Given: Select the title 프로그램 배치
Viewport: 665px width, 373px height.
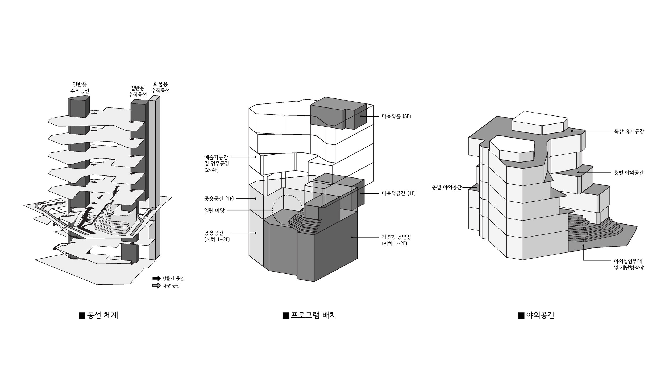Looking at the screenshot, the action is [313, 315].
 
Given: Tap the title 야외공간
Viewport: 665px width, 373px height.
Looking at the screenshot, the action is [540, 315].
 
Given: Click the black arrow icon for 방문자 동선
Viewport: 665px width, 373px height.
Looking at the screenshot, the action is [156, 279].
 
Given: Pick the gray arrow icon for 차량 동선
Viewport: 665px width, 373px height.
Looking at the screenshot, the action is [156, 286].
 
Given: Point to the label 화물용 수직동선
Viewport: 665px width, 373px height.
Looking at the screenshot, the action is [160, 87].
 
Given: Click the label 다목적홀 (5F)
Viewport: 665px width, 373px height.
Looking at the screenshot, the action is [396, 116].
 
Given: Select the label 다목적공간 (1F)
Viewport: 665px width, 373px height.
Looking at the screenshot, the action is [398, 193].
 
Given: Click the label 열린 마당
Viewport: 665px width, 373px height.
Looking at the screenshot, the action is [214, 210].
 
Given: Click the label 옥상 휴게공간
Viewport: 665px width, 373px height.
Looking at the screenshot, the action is [629, 131].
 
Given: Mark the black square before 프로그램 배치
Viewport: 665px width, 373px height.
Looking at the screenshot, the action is [285, 316].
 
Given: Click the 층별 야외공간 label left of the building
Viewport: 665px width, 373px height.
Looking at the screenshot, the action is [447, 188].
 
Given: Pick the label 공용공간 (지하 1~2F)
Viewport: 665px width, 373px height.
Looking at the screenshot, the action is [217, 236].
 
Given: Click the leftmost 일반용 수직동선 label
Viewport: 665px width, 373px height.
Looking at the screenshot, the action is [80, 88].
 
